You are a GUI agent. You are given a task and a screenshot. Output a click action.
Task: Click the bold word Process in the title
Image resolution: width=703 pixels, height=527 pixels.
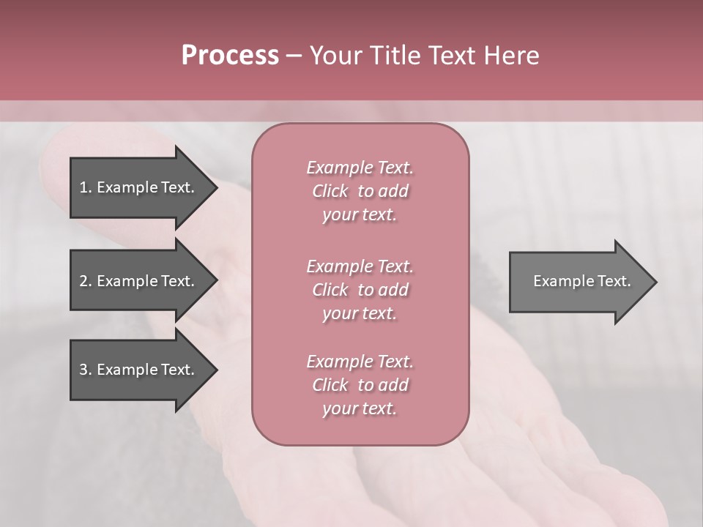(x=230, y=56)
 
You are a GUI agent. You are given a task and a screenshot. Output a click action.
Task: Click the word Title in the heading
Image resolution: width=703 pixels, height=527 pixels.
(x=390, y=56)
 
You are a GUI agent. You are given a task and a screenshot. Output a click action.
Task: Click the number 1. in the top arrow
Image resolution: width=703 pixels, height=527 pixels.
(x=85, y=187)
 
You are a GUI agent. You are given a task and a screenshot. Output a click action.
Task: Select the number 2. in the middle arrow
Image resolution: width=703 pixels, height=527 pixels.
(x=85, y=281)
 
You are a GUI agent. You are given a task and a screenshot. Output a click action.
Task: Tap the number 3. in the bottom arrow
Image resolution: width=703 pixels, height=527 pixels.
(x=85, y=370)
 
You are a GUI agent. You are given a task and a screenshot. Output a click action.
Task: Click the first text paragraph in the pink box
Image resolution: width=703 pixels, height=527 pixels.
(x=360, y=191)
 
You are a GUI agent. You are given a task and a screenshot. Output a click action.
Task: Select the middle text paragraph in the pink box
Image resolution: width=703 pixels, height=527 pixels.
(x=360, y=290)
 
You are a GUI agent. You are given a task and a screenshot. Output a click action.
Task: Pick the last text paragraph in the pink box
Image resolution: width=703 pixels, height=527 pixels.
(x=360, y=385)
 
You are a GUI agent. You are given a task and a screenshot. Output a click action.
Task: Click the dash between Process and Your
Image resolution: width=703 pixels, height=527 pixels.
(x=294, y=56)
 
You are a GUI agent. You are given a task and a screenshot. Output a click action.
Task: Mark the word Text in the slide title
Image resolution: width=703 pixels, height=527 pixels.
(x=451, y=56)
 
